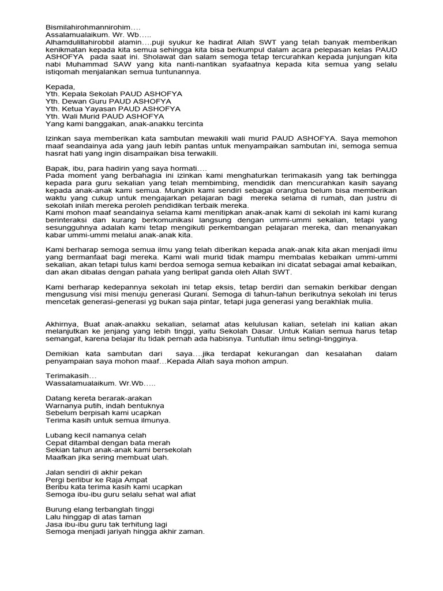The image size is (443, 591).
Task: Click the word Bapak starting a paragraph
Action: [x=57, y=168]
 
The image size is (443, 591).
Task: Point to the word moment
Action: [x=83, y=175]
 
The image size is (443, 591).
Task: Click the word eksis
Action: [x=228, y=287]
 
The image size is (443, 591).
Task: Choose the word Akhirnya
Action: [x=62, y=324]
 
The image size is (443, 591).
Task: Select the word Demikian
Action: [x=63, y=354]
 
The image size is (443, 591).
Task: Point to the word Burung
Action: [x=58, y=510]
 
